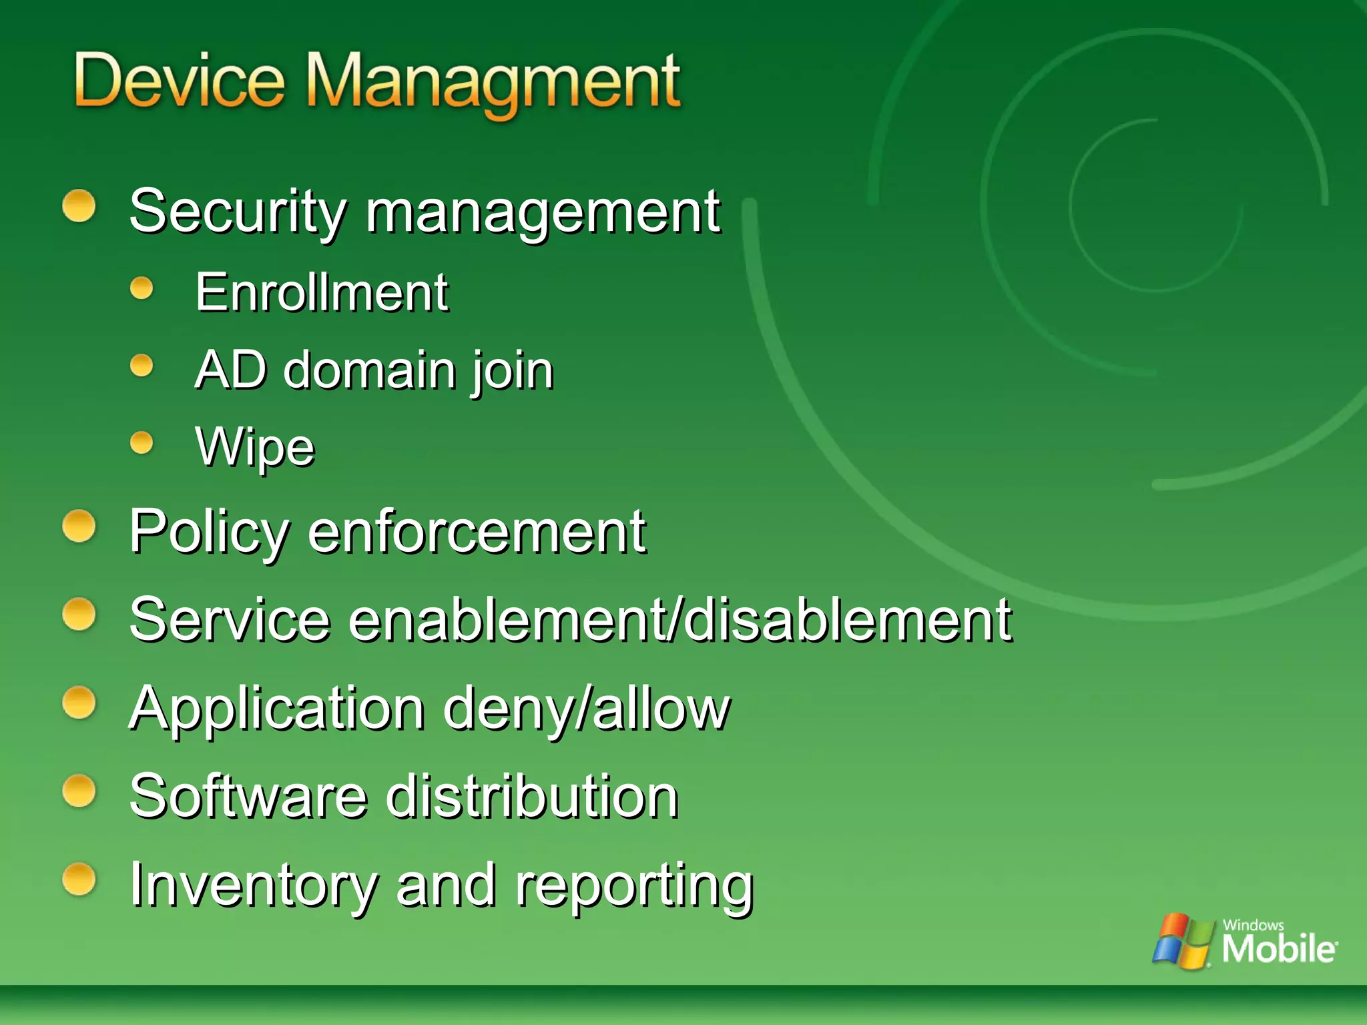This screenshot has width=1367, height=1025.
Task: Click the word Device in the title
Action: tap(179, 81)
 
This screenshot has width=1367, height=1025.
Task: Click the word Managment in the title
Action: tap(493, 83)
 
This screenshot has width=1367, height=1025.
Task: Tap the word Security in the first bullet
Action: tap(238, 212)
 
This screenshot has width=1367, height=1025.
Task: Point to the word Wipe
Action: tap(254, 446)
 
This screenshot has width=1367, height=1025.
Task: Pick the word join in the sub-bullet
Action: tap(513, 371)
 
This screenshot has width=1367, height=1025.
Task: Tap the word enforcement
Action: tap(477, 533)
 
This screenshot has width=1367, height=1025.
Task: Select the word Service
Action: tap(230, 620)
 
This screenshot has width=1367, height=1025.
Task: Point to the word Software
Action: tap(248, 796)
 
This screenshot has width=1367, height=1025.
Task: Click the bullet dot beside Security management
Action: tap(79, 206)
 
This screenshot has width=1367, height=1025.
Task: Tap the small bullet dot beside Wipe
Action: tap(142, 442)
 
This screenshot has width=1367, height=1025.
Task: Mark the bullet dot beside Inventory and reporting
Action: tap(79, 879)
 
